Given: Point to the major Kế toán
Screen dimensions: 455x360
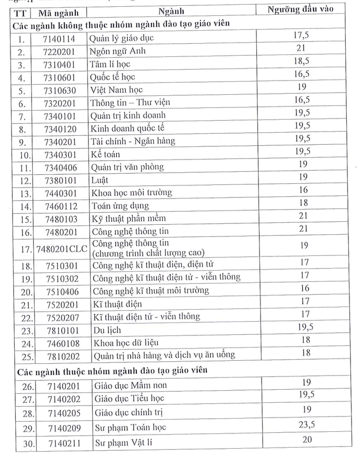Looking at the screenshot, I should [105, 154].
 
